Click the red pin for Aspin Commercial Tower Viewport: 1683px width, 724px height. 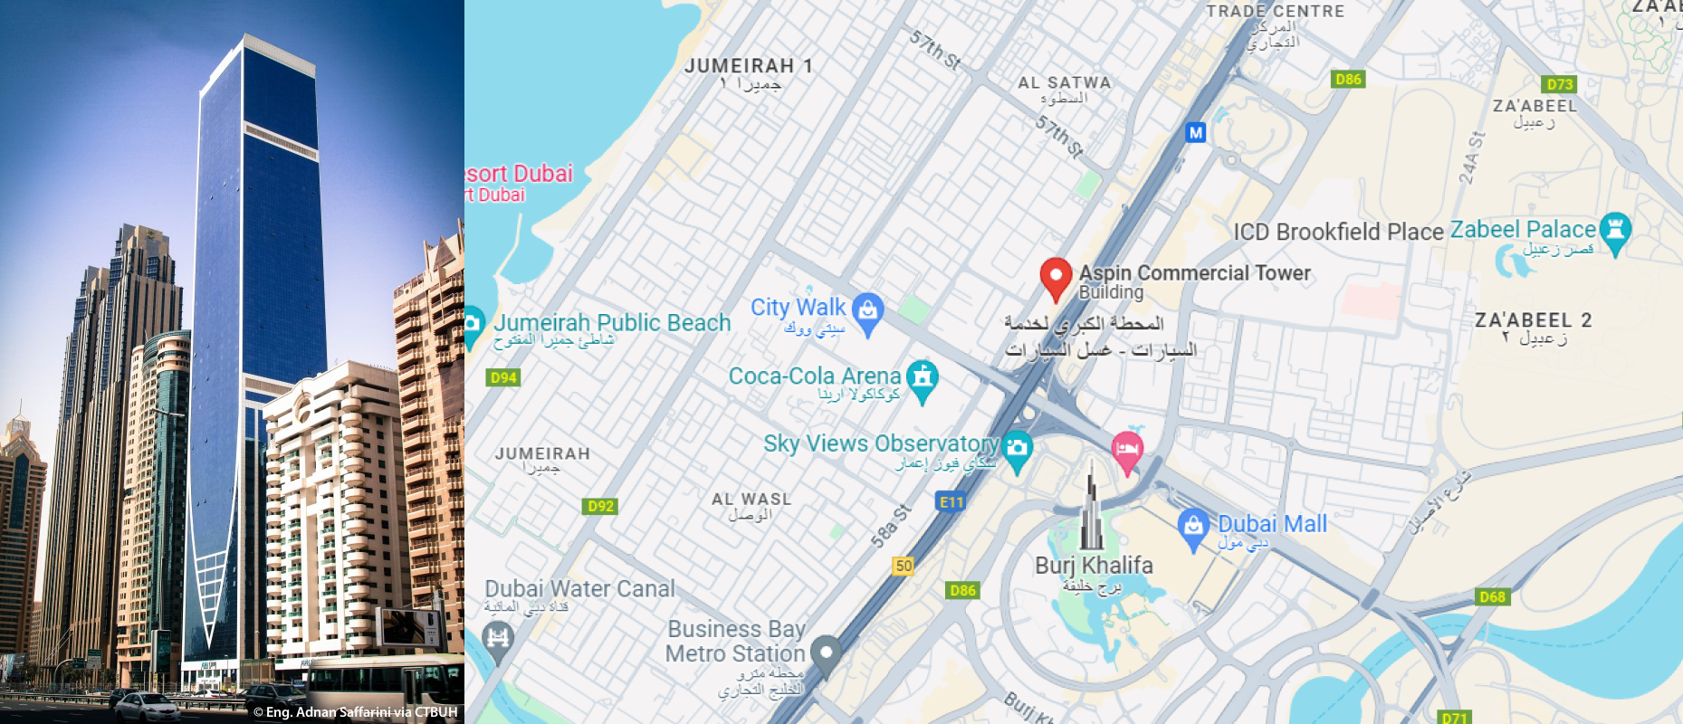tap(1056, 276)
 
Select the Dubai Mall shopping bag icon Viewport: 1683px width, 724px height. tap(1193, 527)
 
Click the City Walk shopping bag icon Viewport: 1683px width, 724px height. tap(867, 311)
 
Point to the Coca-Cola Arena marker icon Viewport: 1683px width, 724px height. tap(922, 377)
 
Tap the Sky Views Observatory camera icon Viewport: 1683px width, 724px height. tap(1017, 448)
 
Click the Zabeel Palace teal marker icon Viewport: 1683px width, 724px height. tap(1615, 230)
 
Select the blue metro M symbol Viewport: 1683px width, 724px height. tap(1196, 133)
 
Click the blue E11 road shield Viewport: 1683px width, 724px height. tap(951, 502)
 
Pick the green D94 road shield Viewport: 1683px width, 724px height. tap(503, 377)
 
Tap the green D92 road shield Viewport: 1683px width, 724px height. tap(600, 506)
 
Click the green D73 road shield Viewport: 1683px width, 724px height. tap(1559, 84)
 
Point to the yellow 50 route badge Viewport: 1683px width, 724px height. tap(903, 566)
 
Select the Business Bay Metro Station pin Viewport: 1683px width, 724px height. tap(826, 653)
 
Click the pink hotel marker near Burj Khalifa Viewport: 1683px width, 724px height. tap(1126, 449)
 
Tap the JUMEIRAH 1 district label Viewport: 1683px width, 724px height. tap(748, 66)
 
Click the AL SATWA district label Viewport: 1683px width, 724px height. tap(1064, 83)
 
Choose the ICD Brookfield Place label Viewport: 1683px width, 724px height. tap(1337, 232)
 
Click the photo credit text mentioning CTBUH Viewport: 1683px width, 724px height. tap(356, 712)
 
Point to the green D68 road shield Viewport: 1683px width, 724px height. tap(1492, 596)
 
